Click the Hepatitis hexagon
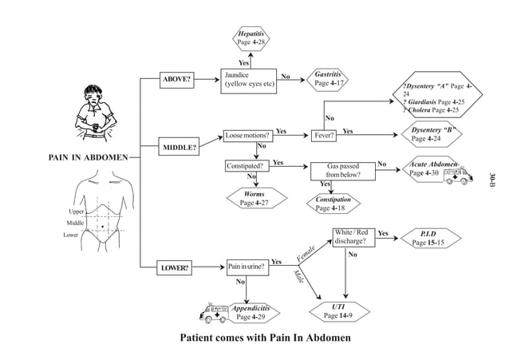click(251, 37)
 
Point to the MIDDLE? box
click(180, 148)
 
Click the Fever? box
click(324, 136)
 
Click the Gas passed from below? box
click(343, 170)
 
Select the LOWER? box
click(176, 268)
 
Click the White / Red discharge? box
click(352, 236)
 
